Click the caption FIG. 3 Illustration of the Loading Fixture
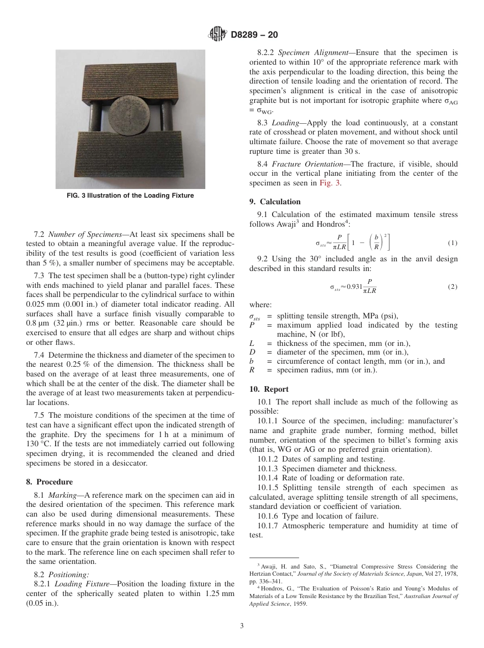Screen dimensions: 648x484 [130, 196]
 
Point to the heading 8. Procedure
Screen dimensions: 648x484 [49, 482]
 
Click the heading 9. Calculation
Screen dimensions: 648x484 [275, 202]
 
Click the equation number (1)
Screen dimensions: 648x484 [452, 243]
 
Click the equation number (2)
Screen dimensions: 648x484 [452, 287]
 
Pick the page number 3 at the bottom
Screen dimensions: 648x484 [241, 626]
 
